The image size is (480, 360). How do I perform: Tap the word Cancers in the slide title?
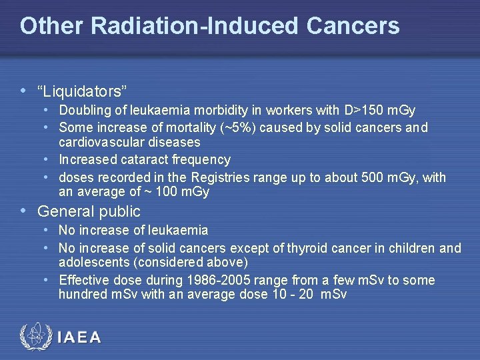click(x=353, y=26)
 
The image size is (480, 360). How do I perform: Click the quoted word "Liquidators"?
click(x=83, y=90)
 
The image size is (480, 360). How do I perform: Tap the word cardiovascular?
click(x=100, y=143)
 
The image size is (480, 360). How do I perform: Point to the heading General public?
click(x=89, y=212)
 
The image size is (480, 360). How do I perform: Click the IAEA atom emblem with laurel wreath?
click(x=35, y=337)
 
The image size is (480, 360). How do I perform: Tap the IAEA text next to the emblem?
click(x=79, y=337)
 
